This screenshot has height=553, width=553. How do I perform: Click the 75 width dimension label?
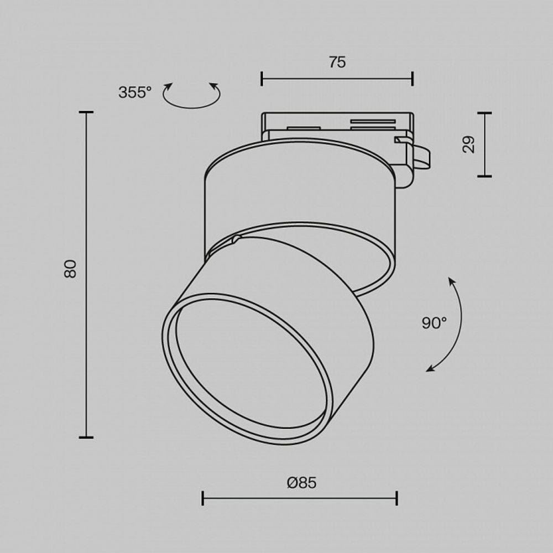(x=337, y=62)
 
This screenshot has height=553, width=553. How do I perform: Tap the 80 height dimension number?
(x=71, y=269)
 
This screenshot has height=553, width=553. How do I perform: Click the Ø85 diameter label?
(x=302, y=483)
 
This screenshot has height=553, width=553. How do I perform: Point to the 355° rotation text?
(x=134, y=92)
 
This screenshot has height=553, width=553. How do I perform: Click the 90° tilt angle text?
(x=434, y=323)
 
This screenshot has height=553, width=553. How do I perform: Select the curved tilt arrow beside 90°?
(x=453, y=326)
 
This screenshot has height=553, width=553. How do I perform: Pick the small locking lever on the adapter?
(x=423, y=156)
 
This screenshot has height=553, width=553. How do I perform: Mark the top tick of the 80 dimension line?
(x=86, y=112)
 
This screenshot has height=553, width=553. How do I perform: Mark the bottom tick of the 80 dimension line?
(x=86, y=437)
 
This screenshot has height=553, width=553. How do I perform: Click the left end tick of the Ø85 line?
(x=203, y=498)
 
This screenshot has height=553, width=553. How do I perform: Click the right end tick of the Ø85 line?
(x=397, y=498)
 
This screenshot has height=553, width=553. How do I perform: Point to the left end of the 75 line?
(x=262, y=79)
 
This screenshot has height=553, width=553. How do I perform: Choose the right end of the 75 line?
(x=413, y=79)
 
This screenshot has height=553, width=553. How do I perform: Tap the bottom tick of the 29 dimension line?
(x=484, y=176)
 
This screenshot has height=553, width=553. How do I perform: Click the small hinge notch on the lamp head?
(x=236, y=239)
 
